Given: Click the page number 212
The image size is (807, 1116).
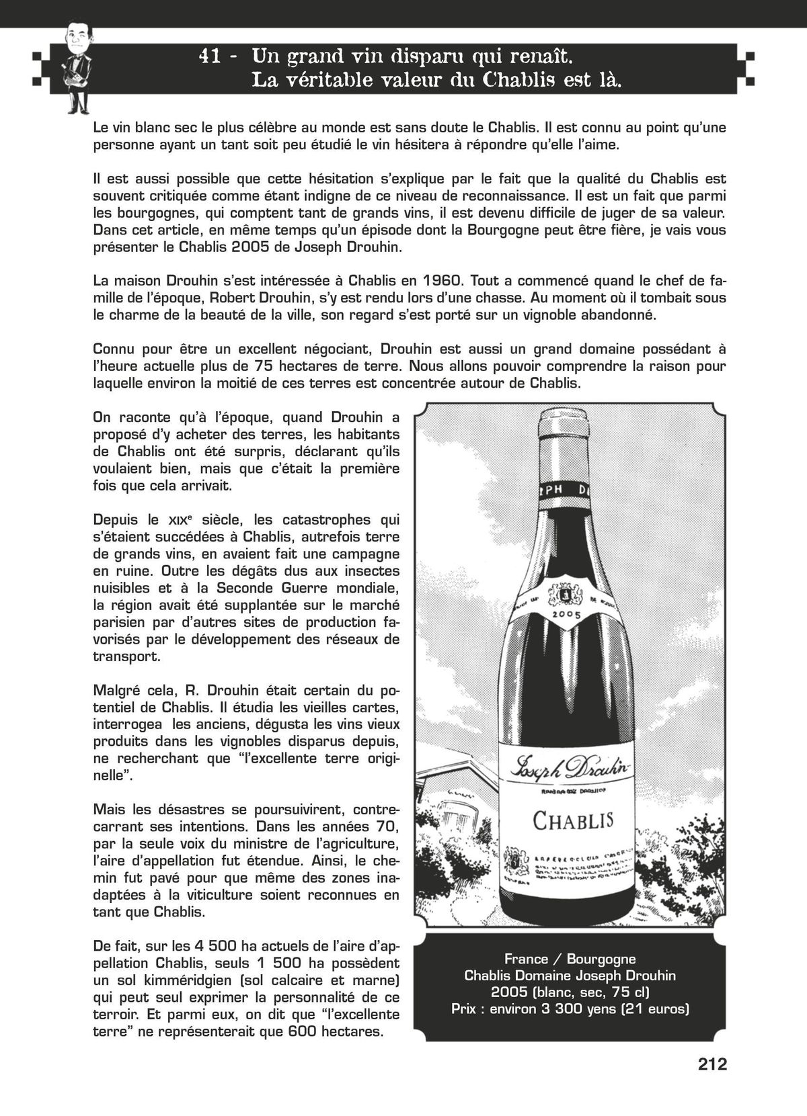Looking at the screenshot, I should coord(712,1064).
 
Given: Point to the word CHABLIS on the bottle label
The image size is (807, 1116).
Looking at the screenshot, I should coord(573,820).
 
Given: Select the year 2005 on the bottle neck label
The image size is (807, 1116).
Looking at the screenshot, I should coord(566,613).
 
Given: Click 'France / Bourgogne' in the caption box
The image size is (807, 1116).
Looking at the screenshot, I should coord(570,959).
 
